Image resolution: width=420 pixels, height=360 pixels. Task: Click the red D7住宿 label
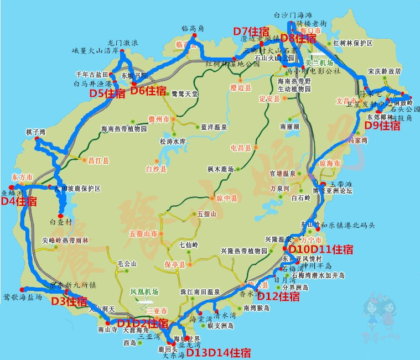click(251, 30)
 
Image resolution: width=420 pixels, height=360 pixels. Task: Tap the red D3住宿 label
click(69, 301)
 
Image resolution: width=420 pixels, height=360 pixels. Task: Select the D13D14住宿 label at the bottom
click(217, 352)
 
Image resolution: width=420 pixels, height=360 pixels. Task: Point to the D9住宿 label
click(382, 126)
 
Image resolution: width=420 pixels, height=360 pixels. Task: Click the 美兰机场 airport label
click(319, 63)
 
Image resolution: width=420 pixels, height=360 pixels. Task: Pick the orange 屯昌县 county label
click(241, 148)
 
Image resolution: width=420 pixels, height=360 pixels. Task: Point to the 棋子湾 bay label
click(34, 132)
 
